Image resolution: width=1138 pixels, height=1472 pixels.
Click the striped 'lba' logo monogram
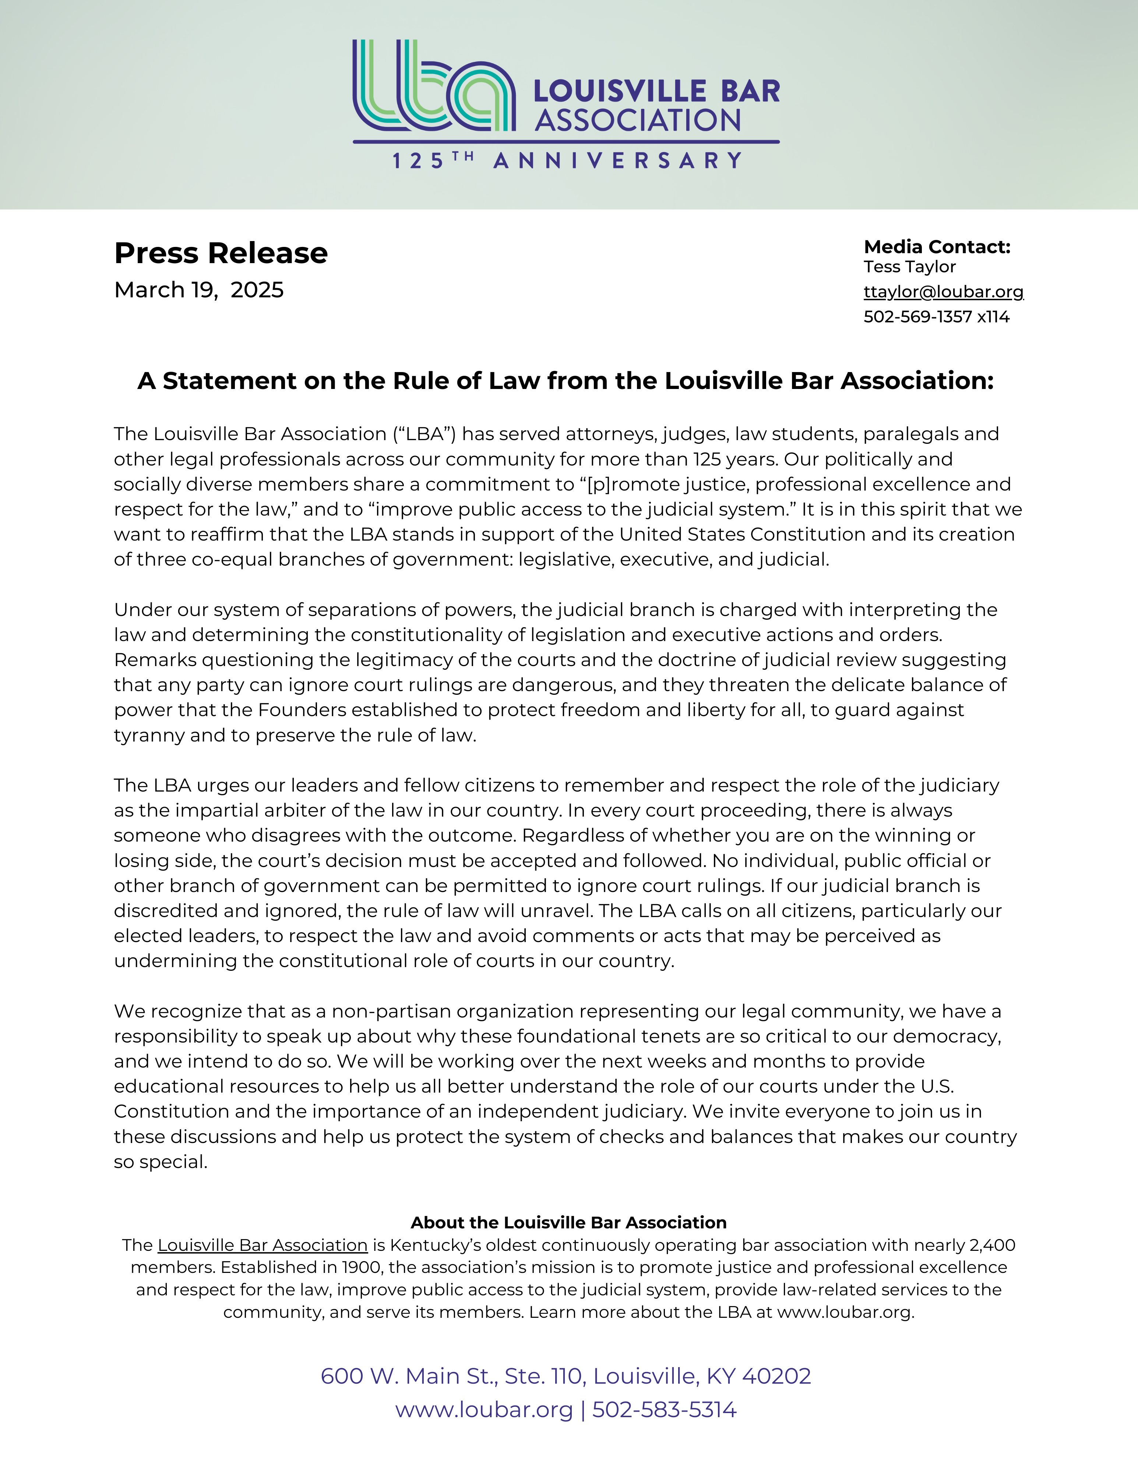click(433, 86)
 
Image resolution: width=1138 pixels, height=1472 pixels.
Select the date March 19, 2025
click(199, 290)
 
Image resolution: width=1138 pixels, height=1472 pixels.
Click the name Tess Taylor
click(909, 267)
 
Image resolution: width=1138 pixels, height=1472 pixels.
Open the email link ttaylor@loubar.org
click(943, 292)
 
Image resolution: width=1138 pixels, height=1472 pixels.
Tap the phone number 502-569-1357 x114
click(936, 317)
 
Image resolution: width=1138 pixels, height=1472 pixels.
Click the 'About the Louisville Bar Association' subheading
click(568, 1222)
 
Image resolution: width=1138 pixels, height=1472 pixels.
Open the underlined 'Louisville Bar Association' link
click(262, 1246)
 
